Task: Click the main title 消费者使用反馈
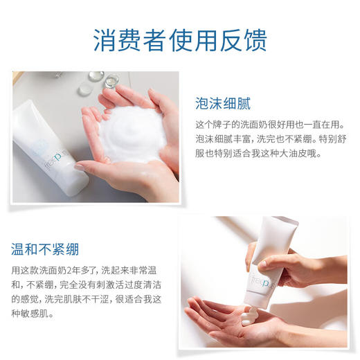pyautogui.click(x=179, y=39)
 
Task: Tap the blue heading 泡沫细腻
pyautogui.click(x=222, y=105)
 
